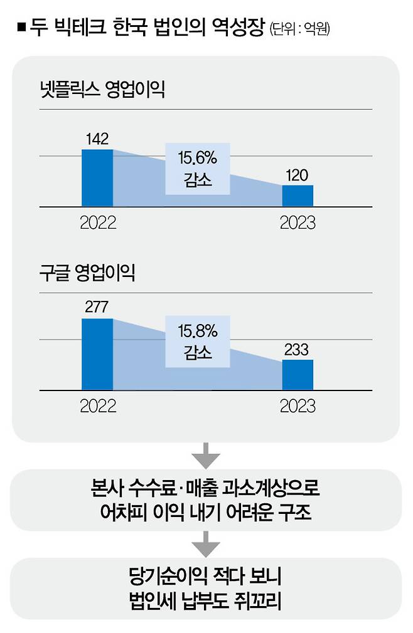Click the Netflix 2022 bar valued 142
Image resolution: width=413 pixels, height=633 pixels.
97,178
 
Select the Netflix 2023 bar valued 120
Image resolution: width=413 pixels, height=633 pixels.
298,196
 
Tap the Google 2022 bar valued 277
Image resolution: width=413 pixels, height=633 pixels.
97,354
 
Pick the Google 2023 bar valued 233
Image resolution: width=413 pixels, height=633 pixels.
298,375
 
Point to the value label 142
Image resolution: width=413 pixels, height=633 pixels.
97,140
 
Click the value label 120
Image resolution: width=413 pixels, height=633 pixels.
298,175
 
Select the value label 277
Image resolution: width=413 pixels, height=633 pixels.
97,308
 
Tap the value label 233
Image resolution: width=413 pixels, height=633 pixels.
298,350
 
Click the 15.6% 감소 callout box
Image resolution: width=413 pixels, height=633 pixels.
198,169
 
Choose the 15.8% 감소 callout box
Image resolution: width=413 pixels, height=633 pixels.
198,341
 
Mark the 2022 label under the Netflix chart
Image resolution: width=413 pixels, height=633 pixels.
98,222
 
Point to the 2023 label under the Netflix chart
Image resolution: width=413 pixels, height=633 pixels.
298,222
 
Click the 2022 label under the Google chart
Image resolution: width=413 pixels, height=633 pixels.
98,406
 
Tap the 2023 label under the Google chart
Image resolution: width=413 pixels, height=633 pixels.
298,406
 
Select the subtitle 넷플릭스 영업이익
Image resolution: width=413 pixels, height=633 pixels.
100,90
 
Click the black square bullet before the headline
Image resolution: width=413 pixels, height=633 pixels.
21,28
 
